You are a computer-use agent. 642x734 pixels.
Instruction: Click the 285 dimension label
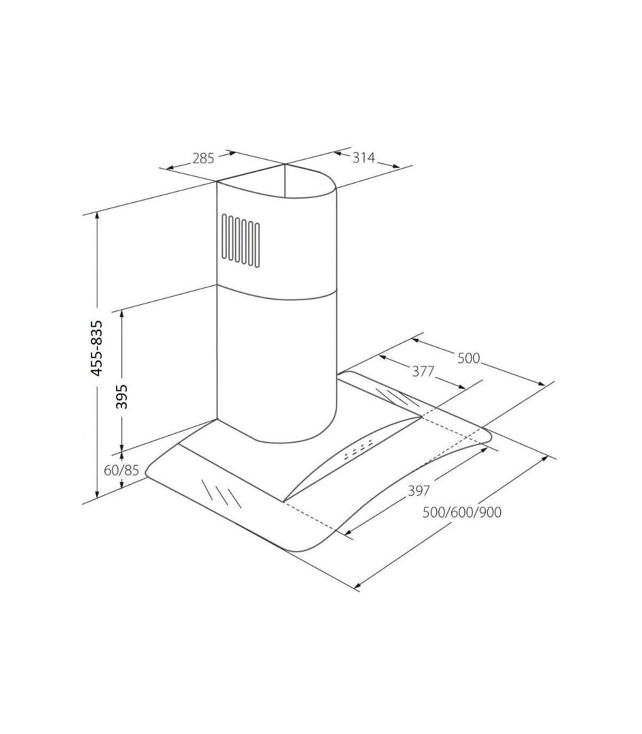pos(203,158)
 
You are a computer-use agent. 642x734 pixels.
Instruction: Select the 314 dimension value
pos(363,157)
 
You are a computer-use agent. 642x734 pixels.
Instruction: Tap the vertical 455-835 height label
pos(96,348)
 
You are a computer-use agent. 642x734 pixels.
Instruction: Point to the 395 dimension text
pos(122,396)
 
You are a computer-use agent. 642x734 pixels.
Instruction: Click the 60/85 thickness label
pos(121,470)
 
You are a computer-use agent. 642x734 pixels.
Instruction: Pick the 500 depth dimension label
pos(469,358)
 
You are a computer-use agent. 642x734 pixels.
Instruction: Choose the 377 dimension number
pos(423,371)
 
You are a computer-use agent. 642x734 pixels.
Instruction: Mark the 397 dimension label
pos(419,491)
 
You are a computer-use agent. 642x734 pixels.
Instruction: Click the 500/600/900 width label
pos(462,513)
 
